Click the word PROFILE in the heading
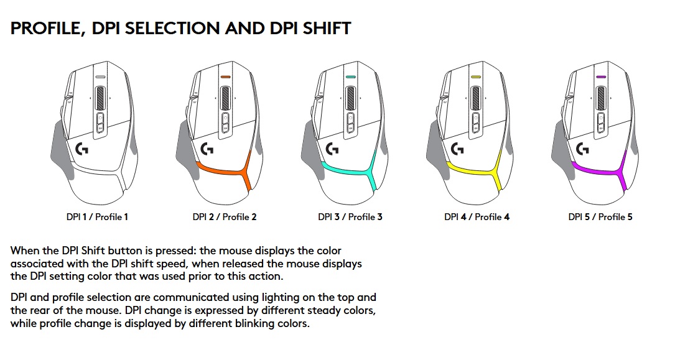45,29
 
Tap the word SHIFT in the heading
327,29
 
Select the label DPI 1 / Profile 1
97,217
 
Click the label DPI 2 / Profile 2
225,217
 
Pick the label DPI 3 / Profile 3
350,217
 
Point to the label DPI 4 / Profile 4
477,217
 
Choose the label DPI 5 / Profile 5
600,217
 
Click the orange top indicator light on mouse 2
226,77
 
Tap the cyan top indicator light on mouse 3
350,77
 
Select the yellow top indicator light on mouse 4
476,77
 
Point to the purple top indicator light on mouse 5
601,77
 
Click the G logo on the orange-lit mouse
207,149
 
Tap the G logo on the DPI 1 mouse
81,149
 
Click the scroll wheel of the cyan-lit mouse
350,98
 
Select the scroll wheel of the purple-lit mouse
601,98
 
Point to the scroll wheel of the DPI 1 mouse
100,98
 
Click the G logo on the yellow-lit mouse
457,149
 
